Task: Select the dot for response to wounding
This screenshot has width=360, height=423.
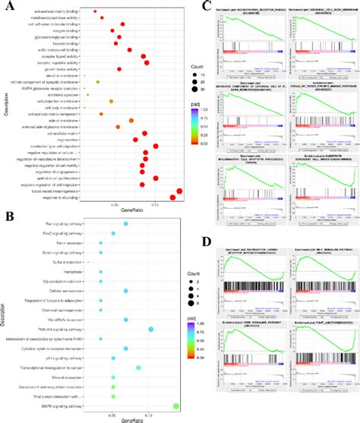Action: click(x=172, y=198)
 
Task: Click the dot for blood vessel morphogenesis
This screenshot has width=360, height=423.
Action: click(x=179, y=191)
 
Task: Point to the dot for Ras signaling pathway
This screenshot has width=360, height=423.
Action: click(x=126, y=224)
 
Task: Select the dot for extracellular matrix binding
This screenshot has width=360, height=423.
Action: click(x=95, y=11)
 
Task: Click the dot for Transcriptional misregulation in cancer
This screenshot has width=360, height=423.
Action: click(x=138, y=367)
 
